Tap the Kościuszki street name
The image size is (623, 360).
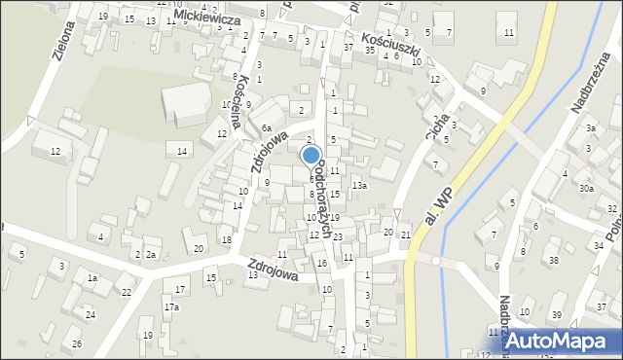click(393, 44)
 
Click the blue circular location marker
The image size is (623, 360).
click(311, 156)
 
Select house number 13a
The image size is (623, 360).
click(360, 185)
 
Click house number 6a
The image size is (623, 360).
click(265, 127)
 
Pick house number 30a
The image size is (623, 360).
click(585, 188)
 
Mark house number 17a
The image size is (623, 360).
click(170, 306)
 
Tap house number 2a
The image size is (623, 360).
click(151, 255)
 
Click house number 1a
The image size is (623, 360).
click(92, 278)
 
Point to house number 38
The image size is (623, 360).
click(553, 260)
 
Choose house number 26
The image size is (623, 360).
click(77, 344)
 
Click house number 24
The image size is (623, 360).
click(90, 314)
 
